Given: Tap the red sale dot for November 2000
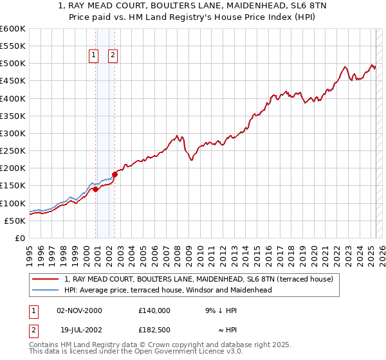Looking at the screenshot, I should [x=96, y=189].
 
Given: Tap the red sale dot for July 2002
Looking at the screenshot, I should [x=115, y=174].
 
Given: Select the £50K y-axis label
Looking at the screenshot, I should [x=15, y=221].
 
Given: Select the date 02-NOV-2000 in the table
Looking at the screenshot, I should [x=79, y=310].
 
